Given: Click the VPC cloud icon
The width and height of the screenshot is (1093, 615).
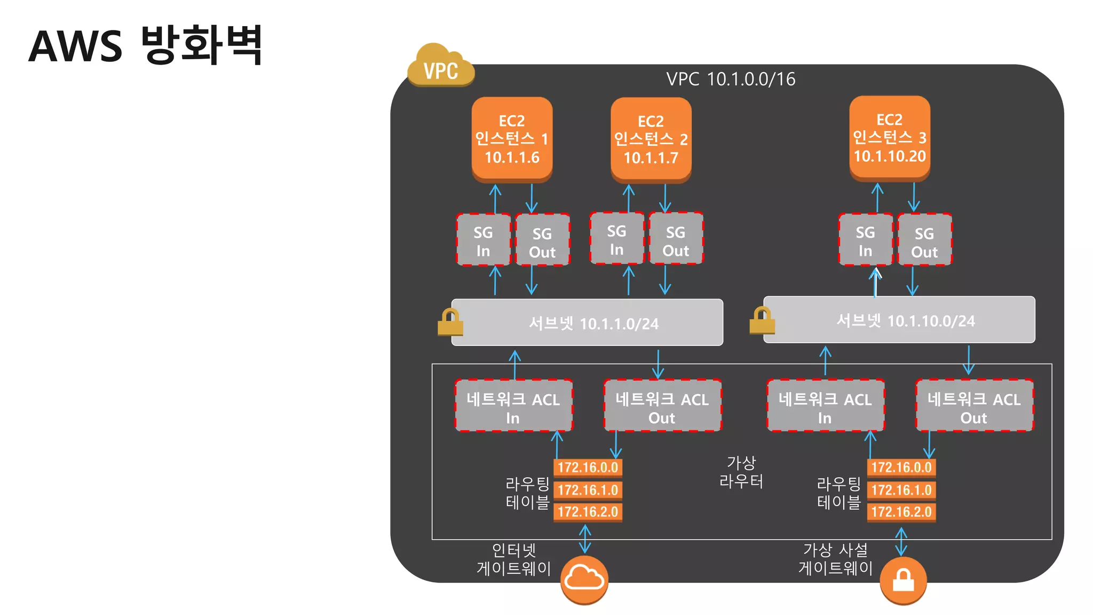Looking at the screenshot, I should pos(440,66).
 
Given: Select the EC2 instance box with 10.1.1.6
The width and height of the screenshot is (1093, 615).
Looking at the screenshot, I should pos(512,138).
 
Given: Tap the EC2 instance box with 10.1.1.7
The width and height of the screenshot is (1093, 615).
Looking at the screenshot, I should pos(651,139).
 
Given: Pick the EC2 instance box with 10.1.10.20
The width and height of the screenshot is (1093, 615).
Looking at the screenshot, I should pos(890,137).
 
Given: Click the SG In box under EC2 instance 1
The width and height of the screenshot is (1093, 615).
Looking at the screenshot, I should pos(483,240).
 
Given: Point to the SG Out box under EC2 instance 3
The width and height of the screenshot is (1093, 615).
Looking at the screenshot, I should pos(924,240).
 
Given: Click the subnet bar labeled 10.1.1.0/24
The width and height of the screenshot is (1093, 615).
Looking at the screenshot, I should pos(587,322).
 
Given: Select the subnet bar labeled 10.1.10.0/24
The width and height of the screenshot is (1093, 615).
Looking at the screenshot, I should pos(899,320).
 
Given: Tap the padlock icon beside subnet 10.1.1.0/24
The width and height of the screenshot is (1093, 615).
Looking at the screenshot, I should pos(449,322).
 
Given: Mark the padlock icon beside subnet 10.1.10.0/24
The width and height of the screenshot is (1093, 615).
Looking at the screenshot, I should pos(762,320).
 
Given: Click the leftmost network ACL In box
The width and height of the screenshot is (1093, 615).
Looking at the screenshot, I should pos(513,406).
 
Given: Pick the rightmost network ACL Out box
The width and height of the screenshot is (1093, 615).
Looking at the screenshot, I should pos(974,406).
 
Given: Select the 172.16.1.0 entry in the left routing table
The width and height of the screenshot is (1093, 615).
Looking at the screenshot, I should pos(588,490).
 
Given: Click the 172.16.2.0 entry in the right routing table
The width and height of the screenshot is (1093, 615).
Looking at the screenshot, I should pos(901,512).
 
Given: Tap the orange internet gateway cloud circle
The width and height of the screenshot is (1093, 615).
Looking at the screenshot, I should pos(584,580).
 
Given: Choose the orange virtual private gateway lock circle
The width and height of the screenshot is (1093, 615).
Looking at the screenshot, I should pos(903,580).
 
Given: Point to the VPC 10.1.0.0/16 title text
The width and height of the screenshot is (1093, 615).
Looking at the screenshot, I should pos(731,80).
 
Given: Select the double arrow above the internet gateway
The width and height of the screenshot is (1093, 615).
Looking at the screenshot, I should pos(585,539).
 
